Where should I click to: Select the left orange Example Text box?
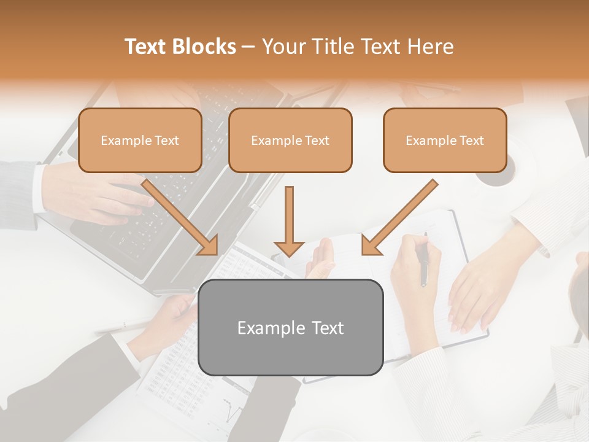pos(140,140)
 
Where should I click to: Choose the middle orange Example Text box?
pos(290,140)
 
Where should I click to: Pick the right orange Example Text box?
pos(445,140)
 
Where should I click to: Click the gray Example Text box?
pos(290,327)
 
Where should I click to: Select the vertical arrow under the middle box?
pos(289,221)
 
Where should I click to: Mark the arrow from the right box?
pos(399,217)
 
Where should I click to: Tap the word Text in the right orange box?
pos(472,140)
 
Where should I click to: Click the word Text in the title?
pos(146,47)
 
